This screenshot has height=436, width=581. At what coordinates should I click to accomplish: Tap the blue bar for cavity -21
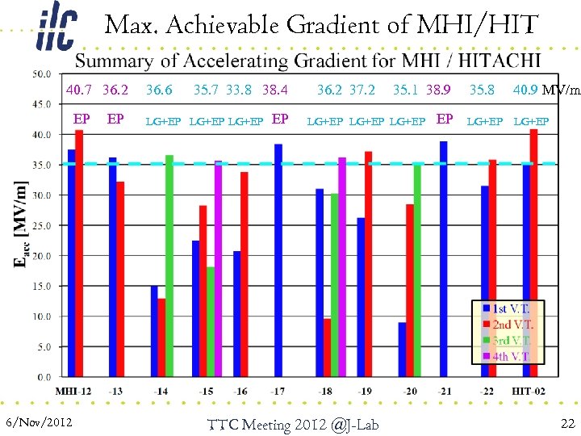[444, 258]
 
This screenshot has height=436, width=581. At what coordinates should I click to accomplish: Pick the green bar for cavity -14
[169, 266]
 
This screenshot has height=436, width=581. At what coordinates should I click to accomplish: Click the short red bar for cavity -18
[328, 347]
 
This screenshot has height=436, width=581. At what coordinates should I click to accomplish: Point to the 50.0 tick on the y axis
[43, 74]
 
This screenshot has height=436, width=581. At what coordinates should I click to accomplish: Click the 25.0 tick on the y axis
[43, 225]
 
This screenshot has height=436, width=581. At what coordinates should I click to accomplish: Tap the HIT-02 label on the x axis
[529, 391]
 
